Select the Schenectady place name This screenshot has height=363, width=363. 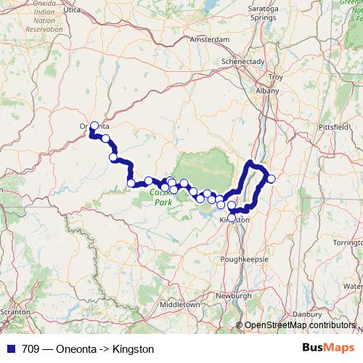243,62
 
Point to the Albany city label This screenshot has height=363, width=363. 267,91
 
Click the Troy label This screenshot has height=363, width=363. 275,76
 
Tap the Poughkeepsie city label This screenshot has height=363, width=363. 240,259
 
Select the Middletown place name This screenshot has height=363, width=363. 180,304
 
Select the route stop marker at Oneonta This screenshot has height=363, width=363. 94,126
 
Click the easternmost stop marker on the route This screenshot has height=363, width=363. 272,179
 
